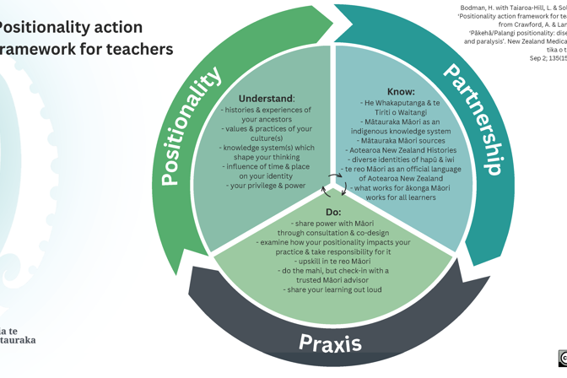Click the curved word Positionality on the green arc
[x=193, y=126]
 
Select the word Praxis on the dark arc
[x=330, y=343]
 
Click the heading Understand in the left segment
[x=265, y=99]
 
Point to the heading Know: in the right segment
[x=401, y=91]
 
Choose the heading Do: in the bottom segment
[x=333, y=212]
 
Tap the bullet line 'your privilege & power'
[x=266, y=186]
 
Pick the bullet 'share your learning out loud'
[x=333, y=289]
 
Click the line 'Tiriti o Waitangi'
[x=401, y=112]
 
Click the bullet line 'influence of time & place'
[x=266, y=166]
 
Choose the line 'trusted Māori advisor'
[x=333, y=280]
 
